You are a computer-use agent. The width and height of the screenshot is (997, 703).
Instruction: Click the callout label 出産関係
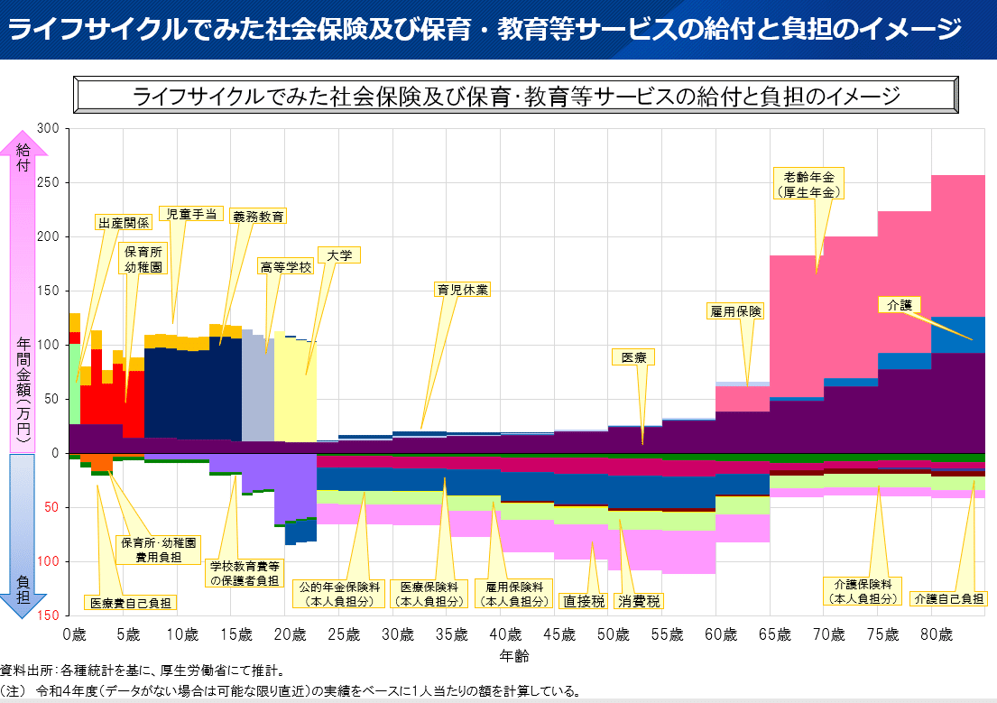pos(124,223)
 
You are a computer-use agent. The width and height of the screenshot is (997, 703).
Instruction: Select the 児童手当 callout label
pos(191,214)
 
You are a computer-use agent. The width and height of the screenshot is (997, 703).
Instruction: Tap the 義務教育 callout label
pos(258,217)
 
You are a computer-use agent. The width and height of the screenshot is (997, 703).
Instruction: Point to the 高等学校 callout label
pos(285,267)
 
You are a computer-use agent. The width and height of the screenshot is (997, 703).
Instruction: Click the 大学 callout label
pos(339,255)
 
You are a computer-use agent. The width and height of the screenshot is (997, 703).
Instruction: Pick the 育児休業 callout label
pos(462,290)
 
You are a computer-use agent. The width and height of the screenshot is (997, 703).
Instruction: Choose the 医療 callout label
pos(633,357)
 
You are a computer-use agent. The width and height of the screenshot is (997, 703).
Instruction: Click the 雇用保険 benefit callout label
pos(736,311)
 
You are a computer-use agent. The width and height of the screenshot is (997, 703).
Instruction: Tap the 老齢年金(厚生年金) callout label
pos(808,183)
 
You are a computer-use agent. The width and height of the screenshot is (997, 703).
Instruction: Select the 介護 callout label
pos(900,305)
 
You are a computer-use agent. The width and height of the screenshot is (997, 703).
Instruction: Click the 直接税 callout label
pos(583,600)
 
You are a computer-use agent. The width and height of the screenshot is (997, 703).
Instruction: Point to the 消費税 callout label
pos(639,600)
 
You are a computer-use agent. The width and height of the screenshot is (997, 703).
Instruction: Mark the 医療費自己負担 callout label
pos(131,602)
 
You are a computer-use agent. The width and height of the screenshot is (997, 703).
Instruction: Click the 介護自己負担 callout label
pos(948,598)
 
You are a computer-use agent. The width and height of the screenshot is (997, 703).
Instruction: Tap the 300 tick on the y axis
pos(49,129)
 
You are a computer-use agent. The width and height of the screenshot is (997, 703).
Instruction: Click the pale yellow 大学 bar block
pos(295,388)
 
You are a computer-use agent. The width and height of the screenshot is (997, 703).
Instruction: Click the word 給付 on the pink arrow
pos(23,158)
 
